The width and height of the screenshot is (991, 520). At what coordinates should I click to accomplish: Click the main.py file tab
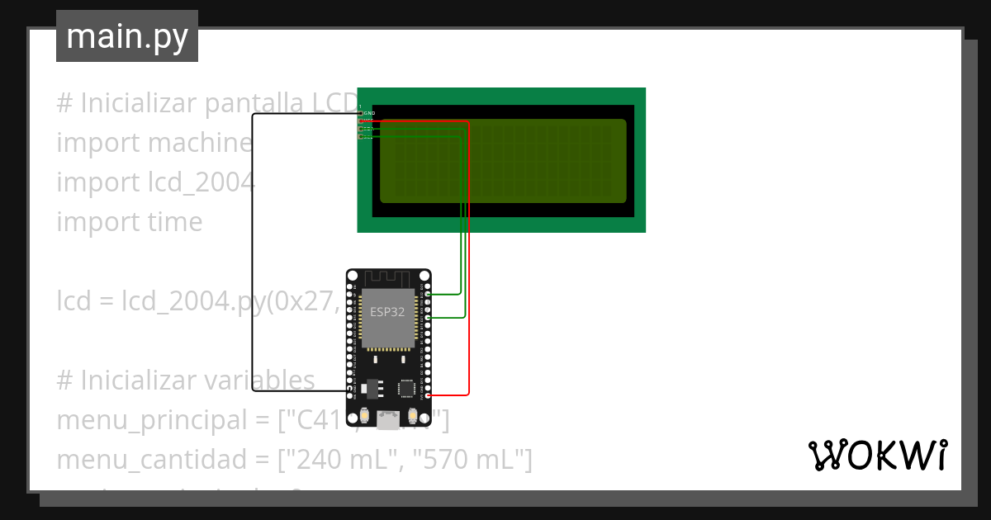click(126, 36)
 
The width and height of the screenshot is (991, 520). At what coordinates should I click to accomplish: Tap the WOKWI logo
click(877, 456)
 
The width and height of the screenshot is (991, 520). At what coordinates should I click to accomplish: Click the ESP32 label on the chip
click(387, 311)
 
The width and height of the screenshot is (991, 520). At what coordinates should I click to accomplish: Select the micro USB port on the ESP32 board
click(387, 420)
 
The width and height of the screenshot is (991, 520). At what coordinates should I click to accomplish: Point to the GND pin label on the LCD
click(369, 113)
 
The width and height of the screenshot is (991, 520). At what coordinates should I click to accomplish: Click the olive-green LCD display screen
click(502, 161)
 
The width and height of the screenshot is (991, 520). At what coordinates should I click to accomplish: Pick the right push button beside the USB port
click(414, 416)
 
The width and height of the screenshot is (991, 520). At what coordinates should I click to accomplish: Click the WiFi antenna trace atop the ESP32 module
click(387, 278)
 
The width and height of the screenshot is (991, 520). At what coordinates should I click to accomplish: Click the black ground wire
click(253, 248)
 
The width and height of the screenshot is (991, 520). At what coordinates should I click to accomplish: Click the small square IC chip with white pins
click(407, 387)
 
